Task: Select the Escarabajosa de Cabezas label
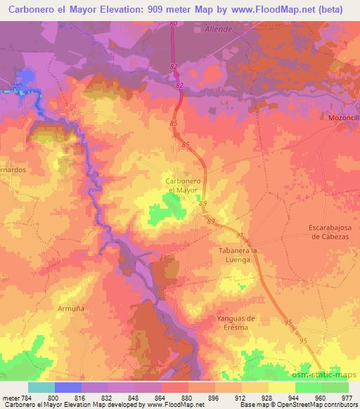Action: (x=334, y=231)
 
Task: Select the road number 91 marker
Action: (x=239, y=236)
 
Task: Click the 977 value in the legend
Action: (x=348, y=396)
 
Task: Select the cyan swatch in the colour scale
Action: (x=41, y=387)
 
